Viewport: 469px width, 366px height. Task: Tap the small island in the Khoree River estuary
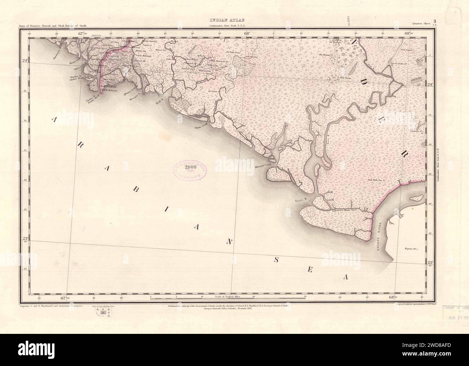point(417,197)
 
